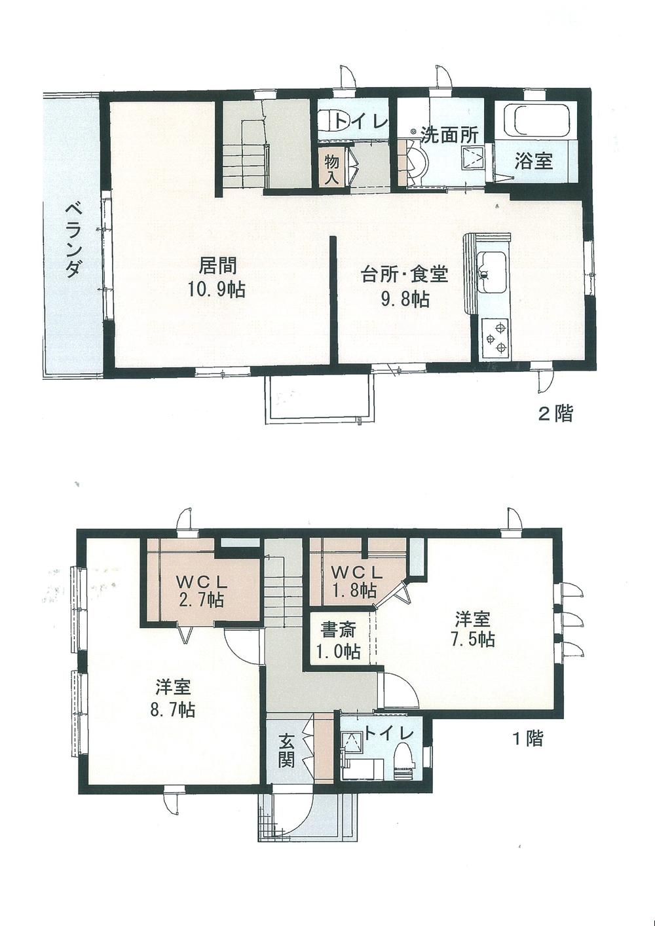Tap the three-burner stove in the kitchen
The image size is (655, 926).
coord(495,338)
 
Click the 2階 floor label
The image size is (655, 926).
coord(555,413)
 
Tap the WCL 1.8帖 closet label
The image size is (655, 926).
coord(353,580)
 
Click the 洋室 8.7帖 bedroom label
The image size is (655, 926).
coord(174,698)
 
